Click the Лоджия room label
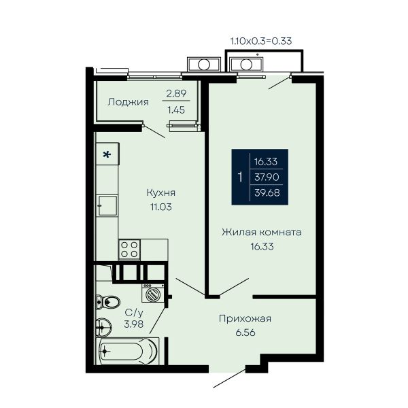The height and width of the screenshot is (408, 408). tap(128, 102)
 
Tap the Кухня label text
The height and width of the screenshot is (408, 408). tap(161, 192)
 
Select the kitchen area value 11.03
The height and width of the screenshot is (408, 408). tap(160, 207)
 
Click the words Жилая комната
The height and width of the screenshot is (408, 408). tap(262, 232)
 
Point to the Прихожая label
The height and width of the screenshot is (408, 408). tap(245, 318)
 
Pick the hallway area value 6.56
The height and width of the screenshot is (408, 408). tap(245, 333)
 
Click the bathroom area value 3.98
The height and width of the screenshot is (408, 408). tap(133, 324)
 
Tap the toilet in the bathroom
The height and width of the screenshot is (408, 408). tap(107, 302)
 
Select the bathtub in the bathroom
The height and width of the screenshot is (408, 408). tap(128, 351)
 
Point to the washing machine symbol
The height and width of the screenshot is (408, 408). tap(153, 293)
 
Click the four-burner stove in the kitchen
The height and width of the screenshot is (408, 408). tap(129, 250)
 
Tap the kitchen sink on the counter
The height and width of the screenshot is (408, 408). tap(107, 205)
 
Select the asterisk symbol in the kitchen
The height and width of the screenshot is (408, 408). tap(107, 154)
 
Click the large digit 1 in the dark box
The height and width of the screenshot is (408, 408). tap(240, 177)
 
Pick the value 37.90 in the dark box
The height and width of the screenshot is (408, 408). tap(267, 177)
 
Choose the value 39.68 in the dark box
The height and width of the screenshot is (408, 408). tap(267, 193)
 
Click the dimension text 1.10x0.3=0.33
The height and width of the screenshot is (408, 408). tap(261, 41)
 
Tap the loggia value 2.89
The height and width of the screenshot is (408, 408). tap(176, 93)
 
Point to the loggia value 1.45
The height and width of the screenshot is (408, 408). tap(176, 110)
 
